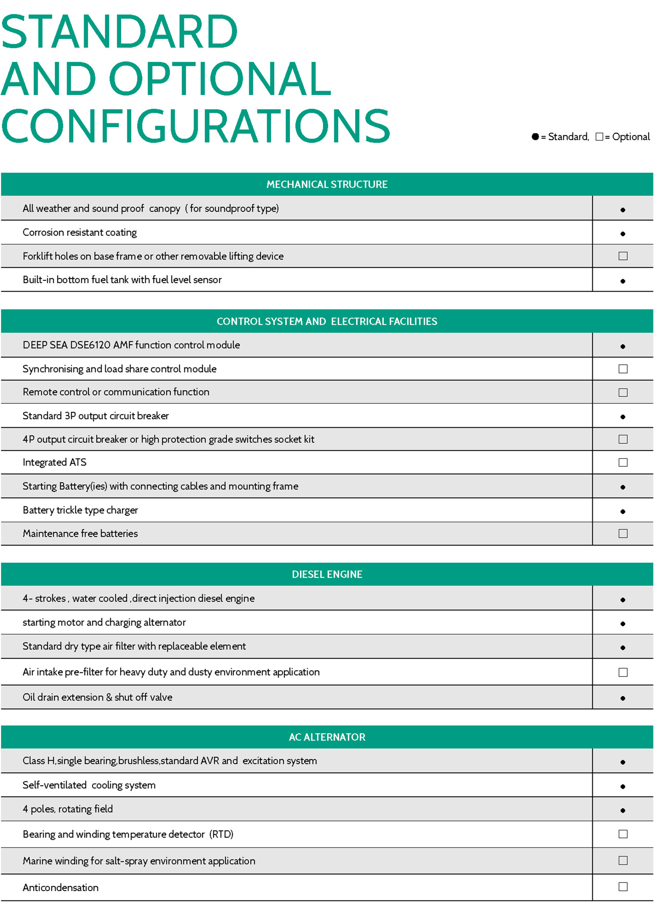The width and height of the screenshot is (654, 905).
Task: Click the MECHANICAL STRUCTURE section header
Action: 327,184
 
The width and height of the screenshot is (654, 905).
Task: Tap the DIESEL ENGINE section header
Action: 327,574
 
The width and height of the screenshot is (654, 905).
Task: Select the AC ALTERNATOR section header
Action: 327,737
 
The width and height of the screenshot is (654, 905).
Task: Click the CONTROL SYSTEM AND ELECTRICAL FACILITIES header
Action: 327,321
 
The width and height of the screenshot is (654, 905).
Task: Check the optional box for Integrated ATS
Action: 623,462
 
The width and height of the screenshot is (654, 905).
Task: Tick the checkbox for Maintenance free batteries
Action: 623,533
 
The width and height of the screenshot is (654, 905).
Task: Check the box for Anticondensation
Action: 623,887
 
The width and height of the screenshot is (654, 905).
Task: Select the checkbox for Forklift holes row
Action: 623,256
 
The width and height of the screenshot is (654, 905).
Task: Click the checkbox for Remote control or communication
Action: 623,392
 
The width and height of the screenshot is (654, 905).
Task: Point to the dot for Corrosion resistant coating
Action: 623,234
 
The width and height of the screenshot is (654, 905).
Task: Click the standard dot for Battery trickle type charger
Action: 623,511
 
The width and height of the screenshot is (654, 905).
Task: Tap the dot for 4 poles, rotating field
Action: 623,810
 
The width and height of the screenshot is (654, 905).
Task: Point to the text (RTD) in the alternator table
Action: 221,834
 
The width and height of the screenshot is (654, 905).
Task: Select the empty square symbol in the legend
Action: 599,137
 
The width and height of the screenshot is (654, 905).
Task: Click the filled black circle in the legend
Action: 535,137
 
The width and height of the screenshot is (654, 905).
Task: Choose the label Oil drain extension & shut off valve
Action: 98,697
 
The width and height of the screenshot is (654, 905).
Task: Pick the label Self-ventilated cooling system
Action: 89,785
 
